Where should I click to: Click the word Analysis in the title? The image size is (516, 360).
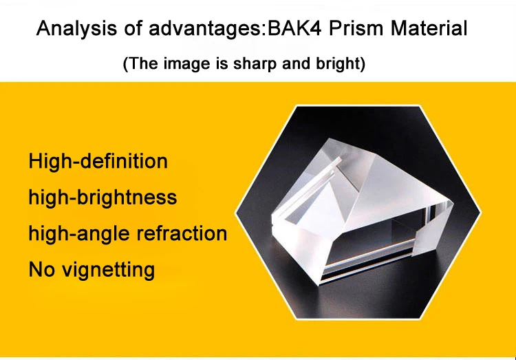point(76,29)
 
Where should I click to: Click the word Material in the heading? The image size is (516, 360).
point(429,28)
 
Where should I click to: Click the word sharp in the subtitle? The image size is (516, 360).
point(255,64)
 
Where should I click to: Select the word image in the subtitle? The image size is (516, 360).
point(187,64)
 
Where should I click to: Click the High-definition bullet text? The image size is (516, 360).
point(98,161)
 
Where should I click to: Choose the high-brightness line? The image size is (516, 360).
point(103,198)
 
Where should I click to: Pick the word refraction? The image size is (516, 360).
point(182,233)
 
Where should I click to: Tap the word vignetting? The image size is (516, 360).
point(109,270)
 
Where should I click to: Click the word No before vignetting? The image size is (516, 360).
point(41,269)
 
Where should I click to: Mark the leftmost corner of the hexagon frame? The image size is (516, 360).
point(235,213)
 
